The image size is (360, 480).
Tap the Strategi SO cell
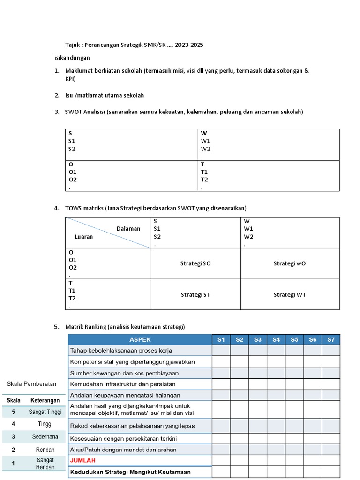point(195,263)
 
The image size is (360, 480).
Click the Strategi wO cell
point(289,263)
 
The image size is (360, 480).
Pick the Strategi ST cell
point(195,294)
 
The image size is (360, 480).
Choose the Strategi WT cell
point(289,294)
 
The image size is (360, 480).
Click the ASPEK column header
point(140,339)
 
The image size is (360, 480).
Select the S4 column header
point(276,339)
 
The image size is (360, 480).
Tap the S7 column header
point(331,339)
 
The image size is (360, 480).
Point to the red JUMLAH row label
point(83,460)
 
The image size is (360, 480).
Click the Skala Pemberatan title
point(31,383)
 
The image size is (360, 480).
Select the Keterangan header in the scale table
point(45,400)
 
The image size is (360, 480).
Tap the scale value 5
point(14,412)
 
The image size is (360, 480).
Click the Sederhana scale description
point(45,436)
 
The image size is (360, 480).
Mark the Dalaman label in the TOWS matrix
point(128,229)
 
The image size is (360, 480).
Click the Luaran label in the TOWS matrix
point(84,237)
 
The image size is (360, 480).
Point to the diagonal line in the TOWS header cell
point(108,233)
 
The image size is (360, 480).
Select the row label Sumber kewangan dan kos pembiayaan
point(124,373)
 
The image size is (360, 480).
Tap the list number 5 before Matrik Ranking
point(56,327)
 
